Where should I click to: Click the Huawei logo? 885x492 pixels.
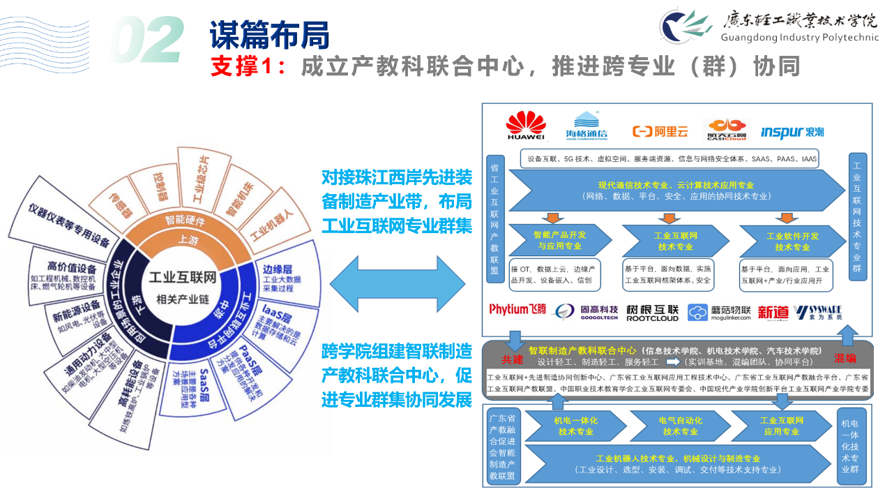pyautogui.click(x=526, y=126)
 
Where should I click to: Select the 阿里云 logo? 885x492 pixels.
pyautogui.click(x=660, y=131)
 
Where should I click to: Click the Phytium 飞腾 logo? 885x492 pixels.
pyautogui.click(x=517, y=310)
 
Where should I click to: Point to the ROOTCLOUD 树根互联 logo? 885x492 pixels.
pyautogui.click(x=652, y=313)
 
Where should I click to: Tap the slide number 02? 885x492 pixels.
pyautogui.click(x=149, y=41)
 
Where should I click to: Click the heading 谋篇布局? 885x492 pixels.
pyautogui.click(x=269, y=34)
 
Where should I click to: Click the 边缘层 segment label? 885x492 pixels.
pyautogui.click(x=277, y=270)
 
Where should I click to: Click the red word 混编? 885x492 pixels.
pyautogui.click(x=845, y=357)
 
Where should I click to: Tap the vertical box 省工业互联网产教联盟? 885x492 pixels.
pyautogui.click(x=494, y=218)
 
